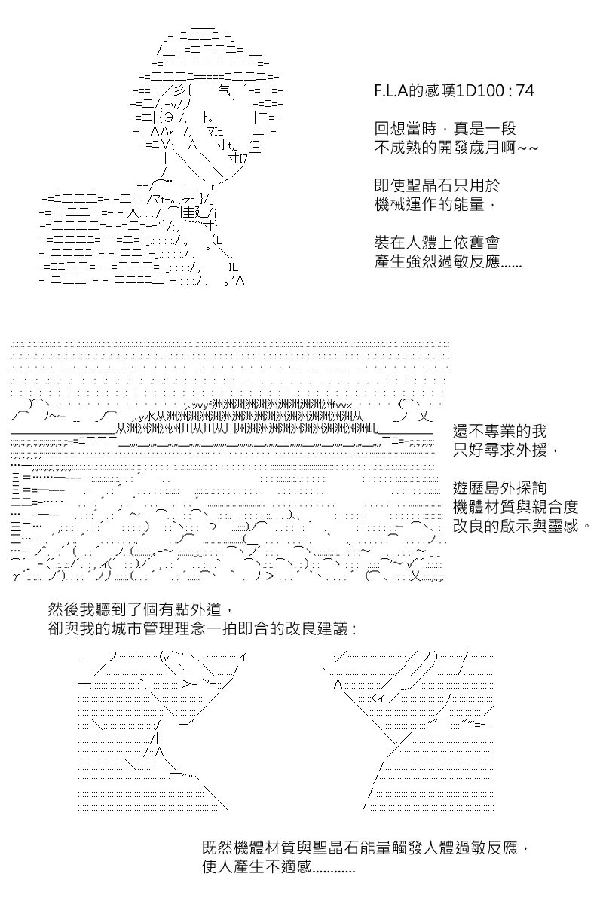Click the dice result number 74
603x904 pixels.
525,91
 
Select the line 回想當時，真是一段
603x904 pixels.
445,129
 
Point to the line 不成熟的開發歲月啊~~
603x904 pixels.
456,148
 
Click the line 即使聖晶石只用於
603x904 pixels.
437,185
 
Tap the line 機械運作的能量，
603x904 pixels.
435,205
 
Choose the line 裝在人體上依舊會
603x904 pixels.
437,243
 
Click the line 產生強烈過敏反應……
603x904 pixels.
448,261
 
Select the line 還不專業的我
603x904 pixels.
500,431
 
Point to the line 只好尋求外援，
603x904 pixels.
505,450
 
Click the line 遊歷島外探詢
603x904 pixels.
500,488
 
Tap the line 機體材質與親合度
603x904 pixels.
516,507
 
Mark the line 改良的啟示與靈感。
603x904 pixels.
522,526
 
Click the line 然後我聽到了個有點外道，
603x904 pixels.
140,609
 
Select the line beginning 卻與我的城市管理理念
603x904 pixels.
202,628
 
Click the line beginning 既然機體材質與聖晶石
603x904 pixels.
365,847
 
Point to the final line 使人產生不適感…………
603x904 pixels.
279,866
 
